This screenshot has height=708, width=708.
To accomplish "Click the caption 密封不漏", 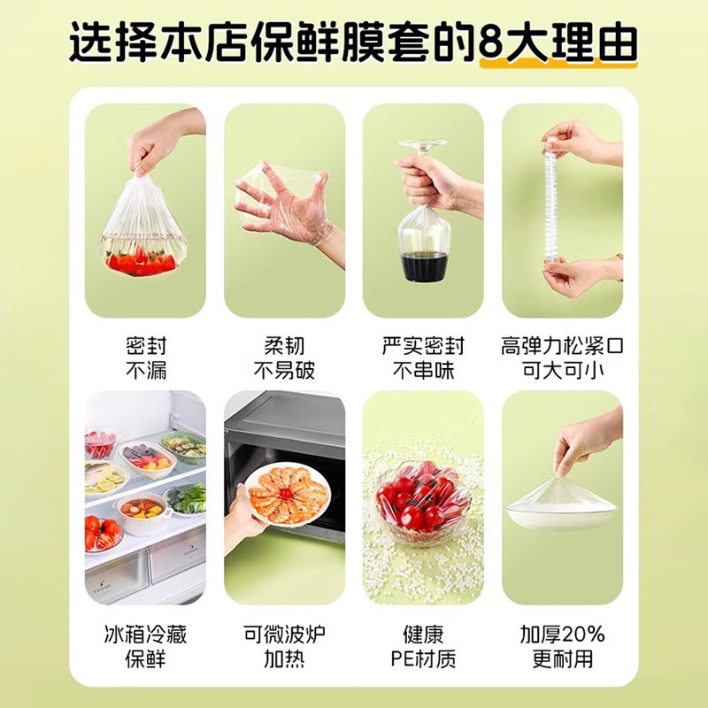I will click(x=145, y=357).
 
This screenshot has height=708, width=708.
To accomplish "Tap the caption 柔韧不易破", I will click(x=283, y=357).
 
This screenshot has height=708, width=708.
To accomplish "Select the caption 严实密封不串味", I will click(x=423, y=357).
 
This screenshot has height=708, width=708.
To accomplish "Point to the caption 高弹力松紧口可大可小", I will click(x=562, y=357).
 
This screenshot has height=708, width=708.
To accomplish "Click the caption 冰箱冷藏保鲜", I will click(x=145, y=646).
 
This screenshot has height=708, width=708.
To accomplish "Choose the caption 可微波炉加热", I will click(x=283, y=646).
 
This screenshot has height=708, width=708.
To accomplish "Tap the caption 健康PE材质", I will click(x=423, y=646).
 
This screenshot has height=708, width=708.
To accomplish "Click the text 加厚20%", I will click(x=563, y=635).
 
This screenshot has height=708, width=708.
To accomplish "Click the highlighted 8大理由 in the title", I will click(x=558, y=42).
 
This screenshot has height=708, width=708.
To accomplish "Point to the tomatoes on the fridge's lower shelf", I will click(x=101, y=531).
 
